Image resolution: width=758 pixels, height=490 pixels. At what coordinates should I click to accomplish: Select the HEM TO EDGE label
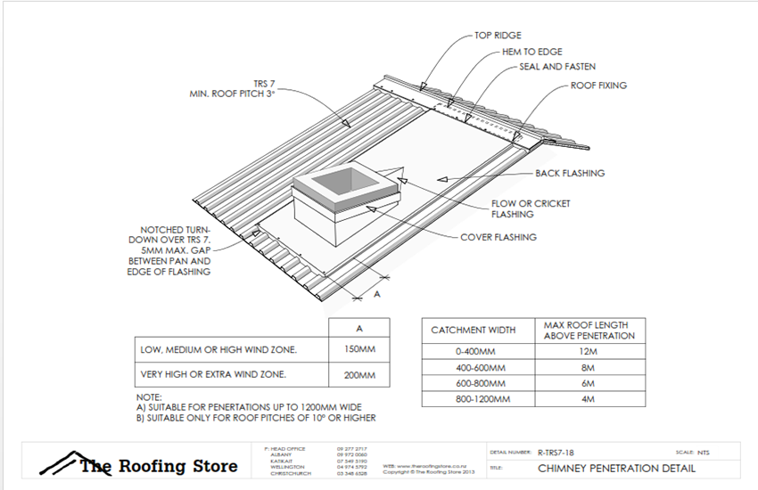click(531, 52)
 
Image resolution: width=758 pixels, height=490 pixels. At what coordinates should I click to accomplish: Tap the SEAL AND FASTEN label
click(557, 67)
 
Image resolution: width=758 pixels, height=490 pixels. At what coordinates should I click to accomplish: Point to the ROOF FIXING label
click(598, 86)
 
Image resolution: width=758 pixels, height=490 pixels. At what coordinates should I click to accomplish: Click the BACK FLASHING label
click(570, 173)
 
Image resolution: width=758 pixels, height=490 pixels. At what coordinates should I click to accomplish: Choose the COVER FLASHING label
click(498, 237)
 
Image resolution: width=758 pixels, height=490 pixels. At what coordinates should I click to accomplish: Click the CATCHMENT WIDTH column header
click(473, 330)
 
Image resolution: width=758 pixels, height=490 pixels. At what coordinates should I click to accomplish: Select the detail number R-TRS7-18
click(557, 452)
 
